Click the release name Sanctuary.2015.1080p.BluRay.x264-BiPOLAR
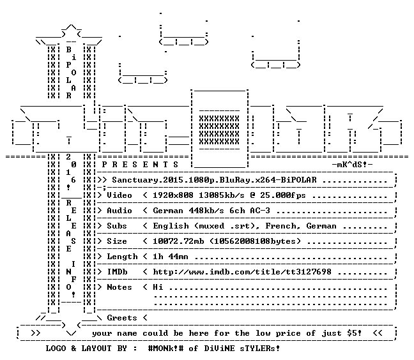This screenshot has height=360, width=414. coord(214,180)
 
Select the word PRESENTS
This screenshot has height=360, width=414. coord(140,165)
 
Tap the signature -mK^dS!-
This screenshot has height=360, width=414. coord(352,165)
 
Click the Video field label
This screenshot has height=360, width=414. coord(119,195)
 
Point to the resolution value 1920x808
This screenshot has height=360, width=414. coord(173,195)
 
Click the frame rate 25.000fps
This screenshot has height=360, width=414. coord(283,195)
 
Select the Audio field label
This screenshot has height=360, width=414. coord(119,211)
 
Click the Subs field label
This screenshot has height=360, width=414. coord(117,226)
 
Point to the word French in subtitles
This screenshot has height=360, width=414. coord(280,226)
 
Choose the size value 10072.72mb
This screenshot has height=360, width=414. coord(178,241)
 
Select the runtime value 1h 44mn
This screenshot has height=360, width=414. coord(171,257)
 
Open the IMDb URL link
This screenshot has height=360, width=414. coord(242,272)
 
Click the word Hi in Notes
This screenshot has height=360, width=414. coord(158,287)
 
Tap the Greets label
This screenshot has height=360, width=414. coord(122,317)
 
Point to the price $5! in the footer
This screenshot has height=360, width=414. coord(354,333)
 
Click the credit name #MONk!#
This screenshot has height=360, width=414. coord(165,348)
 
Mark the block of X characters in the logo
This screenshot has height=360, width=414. coord(219,130)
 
